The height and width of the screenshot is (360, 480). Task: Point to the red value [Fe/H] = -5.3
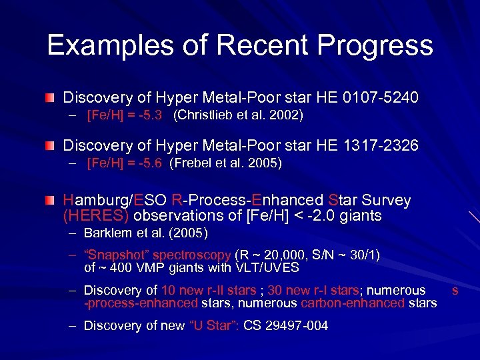point(125,115)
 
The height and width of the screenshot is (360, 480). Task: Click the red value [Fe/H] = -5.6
point(125,163)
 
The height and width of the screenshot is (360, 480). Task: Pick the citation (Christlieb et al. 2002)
point(238,115)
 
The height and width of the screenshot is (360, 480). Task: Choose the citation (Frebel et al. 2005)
point(226,163)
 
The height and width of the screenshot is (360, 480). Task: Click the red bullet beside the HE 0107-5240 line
point(51,98)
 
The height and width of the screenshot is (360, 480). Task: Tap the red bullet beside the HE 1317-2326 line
point(51,145)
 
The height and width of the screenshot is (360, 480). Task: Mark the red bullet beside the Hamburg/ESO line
point(51,200)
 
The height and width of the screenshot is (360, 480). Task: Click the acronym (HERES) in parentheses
point(97,215)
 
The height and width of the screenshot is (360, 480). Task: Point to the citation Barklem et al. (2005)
point(146,233)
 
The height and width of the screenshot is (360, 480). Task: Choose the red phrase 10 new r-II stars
point(209,290)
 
